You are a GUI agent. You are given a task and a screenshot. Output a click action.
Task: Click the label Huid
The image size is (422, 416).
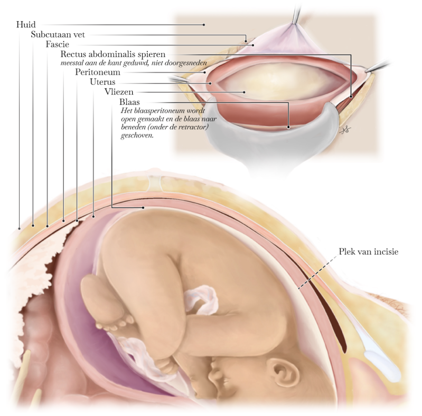pyautogui.click(x=26, y=24)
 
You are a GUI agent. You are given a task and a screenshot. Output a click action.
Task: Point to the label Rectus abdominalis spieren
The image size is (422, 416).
pyautogui.click(x=113, y=54)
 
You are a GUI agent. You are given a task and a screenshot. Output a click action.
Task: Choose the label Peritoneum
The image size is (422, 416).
pyautogui.click(x=98, y=72)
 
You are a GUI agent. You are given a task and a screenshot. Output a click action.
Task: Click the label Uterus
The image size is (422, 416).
pyautogui.click(x=102, y=82)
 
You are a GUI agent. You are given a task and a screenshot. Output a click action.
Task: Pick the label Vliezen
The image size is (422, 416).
pyautogui.click(x=119, y=92)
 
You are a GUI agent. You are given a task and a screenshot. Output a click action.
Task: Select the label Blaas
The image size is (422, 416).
pyautogui.click(x=129, y=102)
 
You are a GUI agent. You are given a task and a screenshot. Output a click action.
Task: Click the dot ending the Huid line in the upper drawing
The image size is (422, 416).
pyautogui.click(x=204, y=24)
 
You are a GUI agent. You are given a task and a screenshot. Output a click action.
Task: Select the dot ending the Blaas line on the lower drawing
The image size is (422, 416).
pyautogui.click(x=144, y=208)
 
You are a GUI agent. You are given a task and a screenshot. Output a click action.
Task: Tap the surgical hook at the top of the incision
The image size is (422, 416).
pyautogui.click(x=295, y=16)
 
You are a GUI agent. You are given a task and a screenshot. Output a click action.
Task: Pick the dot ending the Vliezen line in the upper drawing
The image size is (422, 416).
pyautogui.click(x=244, y=92)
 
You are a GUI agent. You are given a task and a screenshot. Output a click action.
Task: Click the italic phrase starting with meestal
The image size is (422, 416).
pyautogui.click(x=134, y=63)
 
